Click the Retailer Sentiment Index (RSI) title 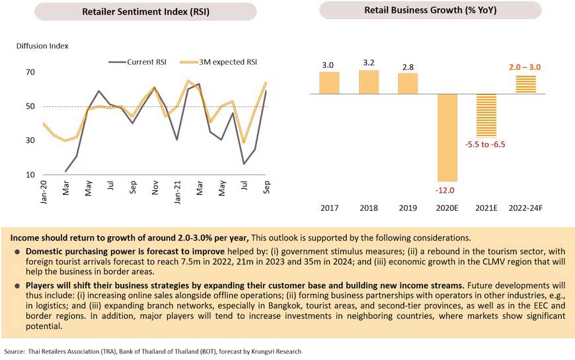pos(145,12)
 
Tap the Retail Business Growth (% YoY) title pos(430,10)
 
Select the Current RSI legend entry pos(137,62)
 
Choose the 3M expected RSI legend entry pos(219,62)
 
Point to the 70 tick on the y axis pos(30,72)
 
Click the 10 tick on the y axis pos(30,174)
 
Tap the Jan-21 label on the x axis pos(177,192)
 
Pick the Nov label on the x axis pos(155,188)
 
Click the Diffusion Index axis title pos(42,46)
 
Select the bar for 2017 pos(329,83)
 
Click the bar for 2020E pos(447,138)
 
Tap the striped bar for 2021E pos(486,116)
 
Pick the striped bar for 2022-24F pos(526,85)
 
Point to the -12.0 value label pos(445,190)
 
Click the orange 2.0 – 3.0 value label pos(525,67)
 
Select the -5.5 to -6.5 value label pos(485,145)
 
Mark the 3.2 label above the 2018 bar pos(369,63)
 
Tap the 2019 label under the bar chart pos(408,208)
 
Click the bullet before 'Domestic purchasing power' pos(17,252)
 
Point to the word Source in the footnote pos(15,351)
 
